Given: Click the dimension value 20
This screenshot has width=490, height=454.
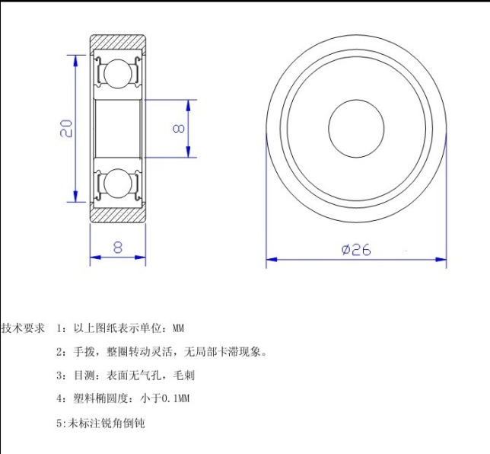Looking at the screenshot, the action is [x=66, y=128].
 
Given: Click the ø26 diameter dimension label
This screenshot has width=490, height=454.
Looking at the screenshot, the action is [x=356, y=249].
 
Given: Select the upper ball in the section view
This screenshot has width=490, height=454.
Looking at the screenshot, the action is [x=118, y=74].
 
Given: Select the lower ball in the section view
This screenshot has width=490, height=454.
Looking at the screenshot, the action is [x=118, y=183].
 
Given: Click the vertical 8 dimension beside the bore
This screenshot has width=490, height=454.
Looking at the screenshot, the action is [x=179, y=128].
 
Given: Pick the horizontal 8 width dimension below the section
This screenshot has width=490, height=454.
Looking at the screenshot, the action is [x=117, y=247].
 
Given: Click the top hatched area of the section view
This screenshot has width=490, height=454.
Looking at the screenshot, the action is [x=118, y=42].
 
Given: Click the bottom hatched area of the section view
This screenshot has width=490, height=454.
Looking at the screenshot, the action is [x=118, y=216].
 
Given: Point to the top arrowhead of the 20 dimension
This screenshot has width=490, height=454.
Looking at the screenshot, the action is [x=75, y=60].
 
